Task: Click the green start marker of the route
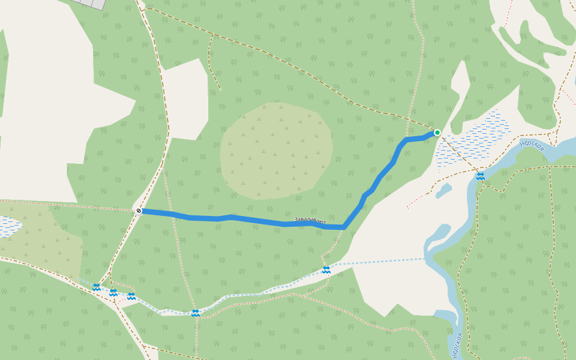[x=437, y=133]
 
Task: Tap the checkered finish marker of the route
[x=139, y=211]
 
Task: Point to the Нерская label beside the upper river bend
[x=532, y=145]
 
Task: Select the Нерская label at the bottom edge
[x=457, y=346]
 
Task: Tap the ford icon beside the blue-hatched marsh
[x=480, y=176]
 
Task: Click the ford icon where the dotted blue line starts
[x=326, y=270]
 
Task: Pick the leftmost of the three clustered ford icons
[x=96, y=287]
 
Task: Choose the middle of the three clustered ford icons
[x=113, y=293]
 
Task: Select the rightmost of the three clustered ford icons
[x=131, y=296]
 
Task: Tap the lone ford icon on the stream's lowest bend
[x=195, y=313]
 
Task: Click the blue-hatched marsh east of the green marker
[x=474, y=141]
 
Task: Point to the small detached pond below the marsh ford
[x=443, y=191]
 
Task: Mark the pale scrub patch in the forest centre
[x=276, y=150]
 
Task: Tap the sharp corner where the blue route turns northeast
[x=344, y=227]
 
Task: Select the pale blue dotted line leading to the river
[x=378, y=262]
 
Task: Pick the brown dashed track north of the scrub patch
[x=300, y=71]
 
